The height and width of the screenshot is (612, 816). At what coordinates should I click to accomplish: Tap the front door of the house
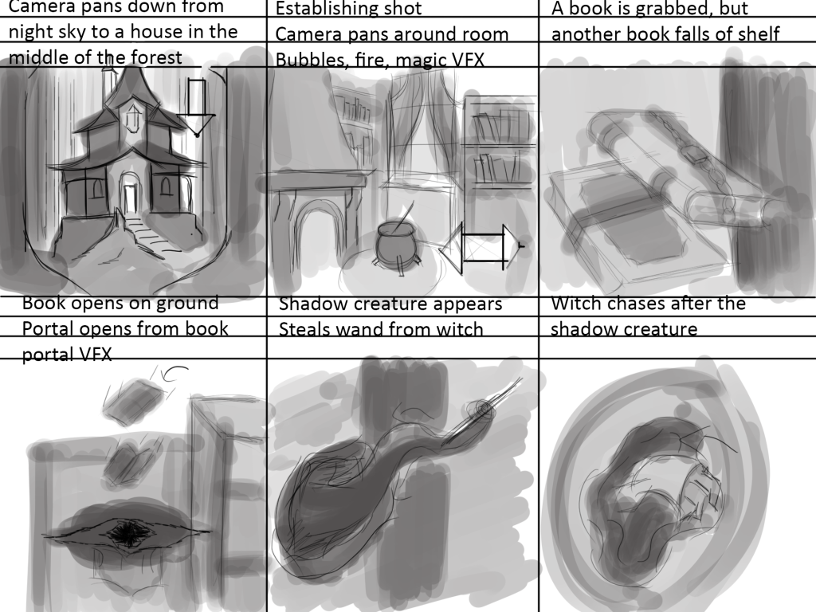(129, 198)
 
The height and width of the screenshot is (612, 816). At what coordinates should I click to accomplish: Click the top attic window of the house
(132, 118)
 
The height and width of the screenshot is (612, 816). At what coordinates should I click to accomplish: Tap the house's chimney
(108, 78)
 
